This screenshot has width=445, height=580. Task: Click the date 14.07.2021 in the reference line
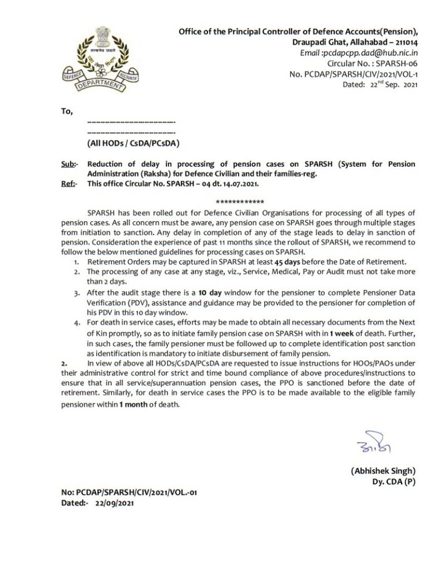point(239,184)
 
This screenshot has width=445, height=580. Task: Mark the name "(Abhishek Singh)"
point(383,471)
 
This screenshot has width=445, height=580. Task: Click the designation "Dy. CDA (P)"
point(394,481)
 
